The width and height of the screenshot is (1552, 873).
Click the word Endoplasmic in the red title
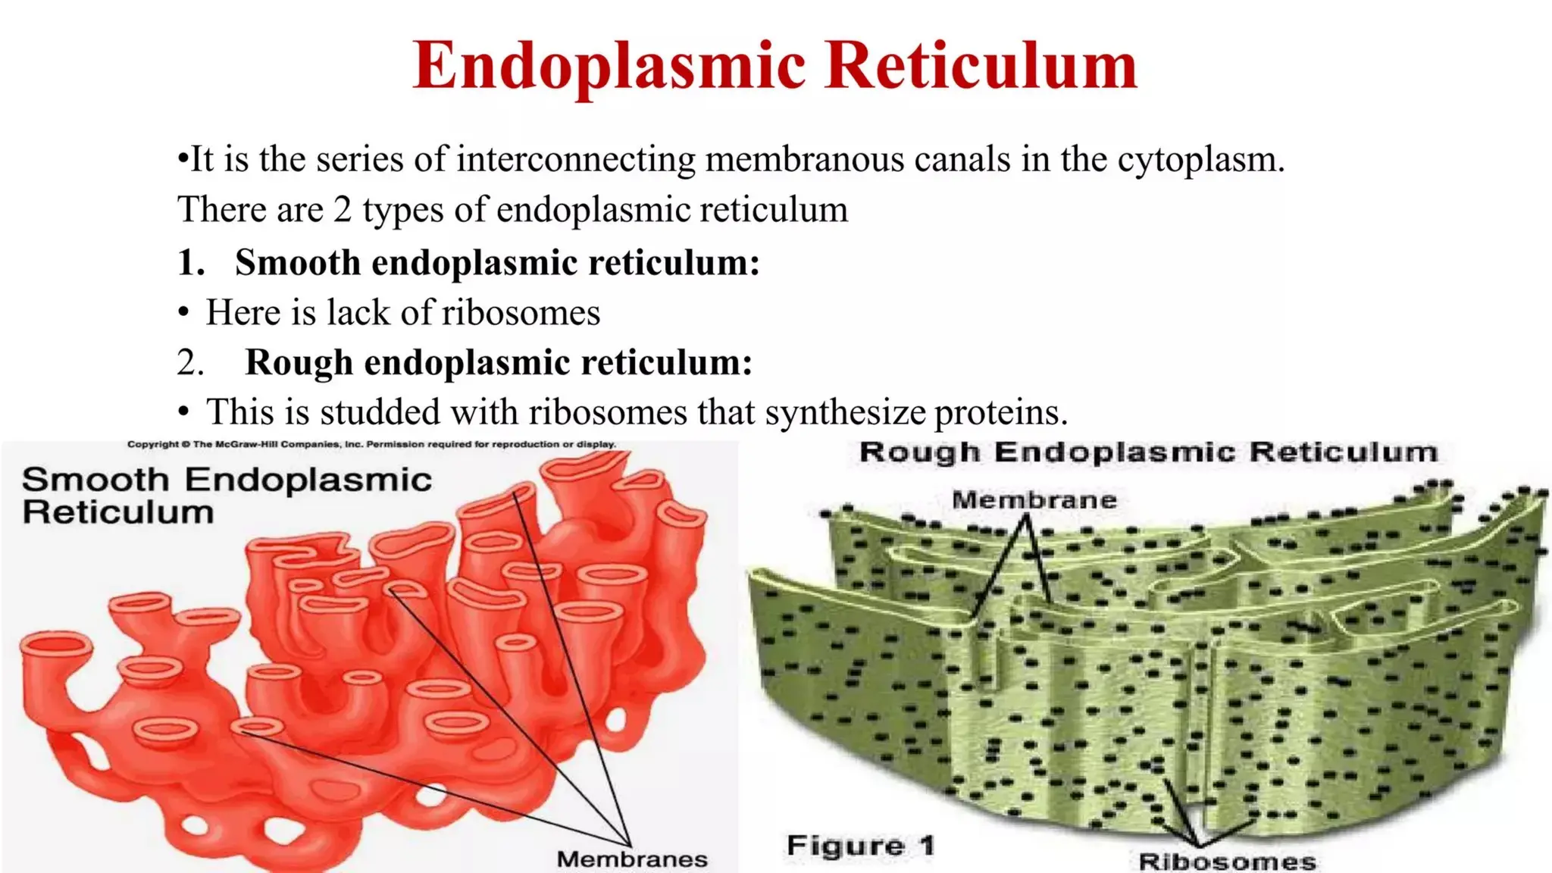pos(609,67)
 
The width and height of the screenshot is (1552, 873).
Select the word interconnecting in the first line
pos(575,160)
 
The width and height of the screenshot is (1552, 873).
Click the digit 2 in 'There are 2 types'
pos(343,210)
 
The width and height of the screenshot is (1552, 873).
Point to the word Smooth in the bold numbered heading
pos(298,263)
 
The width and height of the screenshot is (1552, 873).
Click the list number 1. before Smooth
pos(191,263)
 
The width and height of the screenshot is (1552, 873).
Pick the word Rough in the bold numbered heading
pos(299,362)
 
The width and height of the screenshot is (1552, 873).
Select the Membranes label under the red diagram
pos(632,859)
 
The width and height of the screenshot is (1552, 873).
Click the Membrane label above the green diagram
pos(1034,500)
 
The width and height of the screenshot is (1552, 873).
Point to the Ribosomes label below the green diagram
pos(1227,862)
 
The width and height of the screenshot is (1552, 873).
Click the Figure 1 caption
pos(860,845)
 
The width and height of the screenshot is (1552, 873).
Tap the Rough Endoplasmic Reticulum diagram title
pos(1148,452)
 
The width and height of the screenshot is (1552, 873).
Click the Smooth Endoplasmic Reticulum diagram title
pos(226,496)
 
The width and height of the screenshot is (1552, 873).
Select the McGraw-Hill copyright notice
pos(371,445)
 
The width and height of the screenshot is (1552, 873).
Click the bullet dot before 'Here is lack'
pos(183,313)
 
